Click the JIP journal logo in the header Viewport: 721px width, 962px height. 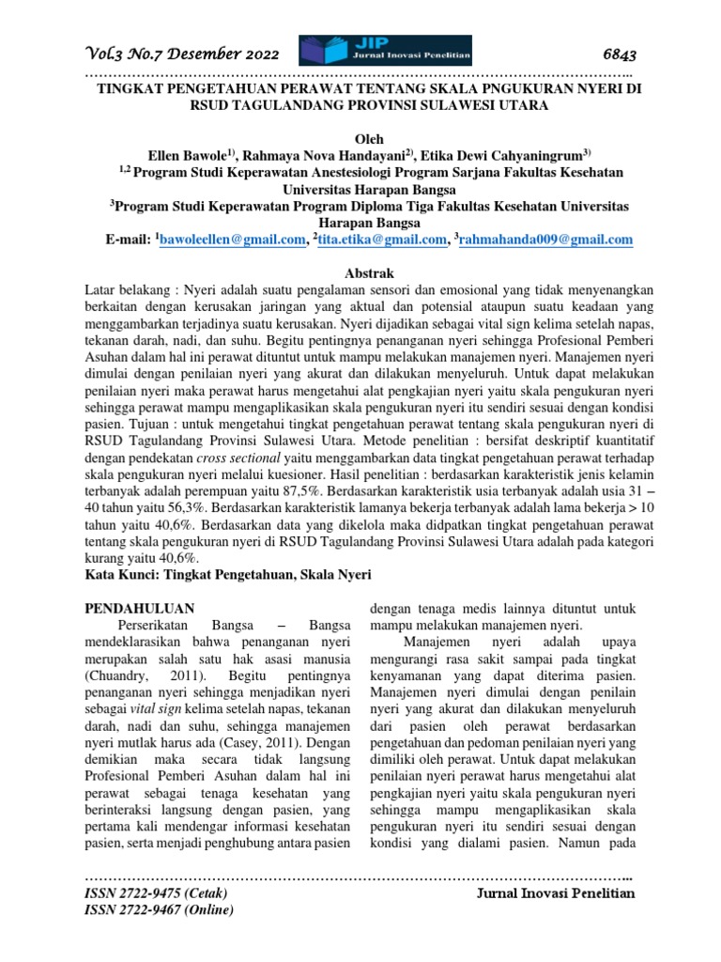pos(385,51)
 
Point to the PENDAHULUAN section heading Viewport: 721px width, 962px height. pos(140,608)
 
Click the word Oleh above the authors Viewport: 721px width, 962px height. pos(360,137)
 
